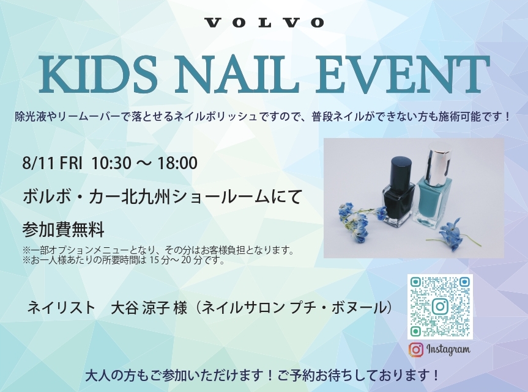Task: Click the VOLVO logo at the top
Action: (264, 23)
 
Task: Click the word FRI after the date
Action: (71, 164)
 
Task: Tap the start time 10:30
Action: (111, 164)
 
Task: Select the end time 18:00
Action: (177, 164)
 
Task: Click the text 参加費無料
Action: (63, 230)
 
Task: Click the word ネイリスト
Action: (62, 308)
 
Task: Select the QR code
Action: (440, 307)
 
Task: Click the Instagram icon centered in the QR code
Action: (440, 307)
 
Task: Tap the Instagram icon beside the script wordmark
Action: (416, 350)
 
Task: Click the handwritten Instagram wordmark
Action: (448, 349)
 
